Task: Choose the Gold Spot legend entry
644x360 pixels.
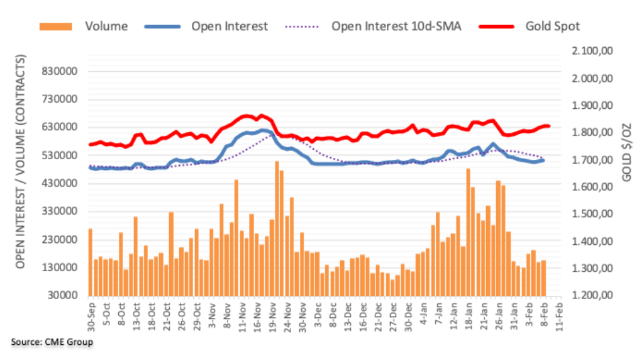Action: [x=552, y=26]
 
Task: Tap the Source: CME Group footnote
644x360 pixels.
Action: [x=52, y=342]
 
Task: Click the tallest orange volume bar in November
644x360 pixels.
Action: [x=277, y=228]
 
